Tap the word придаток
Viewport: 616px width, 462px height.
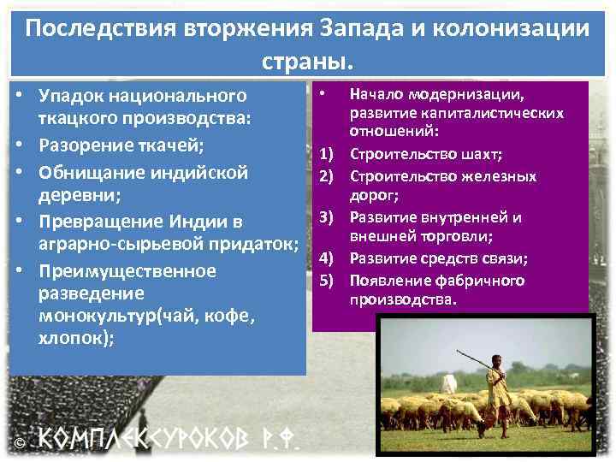(x=256, y=246)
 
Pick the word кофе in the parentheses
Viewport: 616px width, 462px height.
(x=236, y=315)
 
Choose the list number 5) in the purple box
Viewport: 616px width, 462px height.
(x=326, y=281)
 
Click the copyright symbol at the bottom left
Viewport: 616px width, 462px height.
(x=19, y=441)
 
